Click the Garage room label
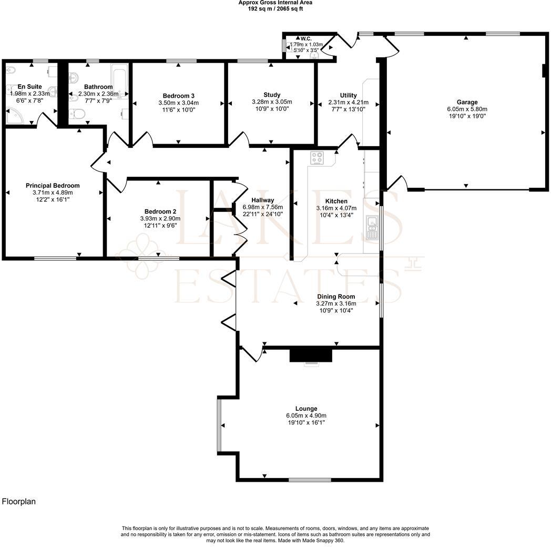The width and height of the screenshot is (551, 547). [467, 102]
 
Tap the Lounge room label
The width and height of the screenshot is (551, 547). [306, 409]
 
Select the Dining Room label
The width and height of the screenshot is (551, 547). [336, 297]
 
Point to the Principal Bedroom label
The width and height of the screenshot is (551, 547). [53, 186]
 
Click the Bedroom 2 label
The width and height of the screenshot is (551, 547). [160, 211]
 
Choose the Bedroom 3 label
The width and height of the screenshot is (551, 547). [179, 96]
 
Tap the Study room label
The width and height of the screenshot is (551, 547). [272, 95]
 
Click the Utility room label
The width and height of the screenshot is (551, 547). [348, 96]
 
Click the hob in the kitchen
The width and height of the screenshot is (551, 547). [318, 158]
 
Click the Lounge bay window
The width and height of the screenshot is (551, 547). [219, 424]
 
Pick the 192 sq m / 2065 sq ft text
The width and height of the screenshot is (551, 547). [275, 8]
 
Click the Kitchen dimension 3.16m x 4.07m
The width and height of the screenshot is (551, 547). [336, 208]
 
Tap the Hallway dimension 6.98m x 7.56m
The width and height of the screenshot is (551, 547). [262, 207]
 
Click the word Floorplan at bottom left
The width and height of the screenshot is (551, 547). [19, 501]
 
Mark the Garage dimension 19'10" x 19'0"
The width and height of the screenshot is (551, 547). [467, 116]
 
